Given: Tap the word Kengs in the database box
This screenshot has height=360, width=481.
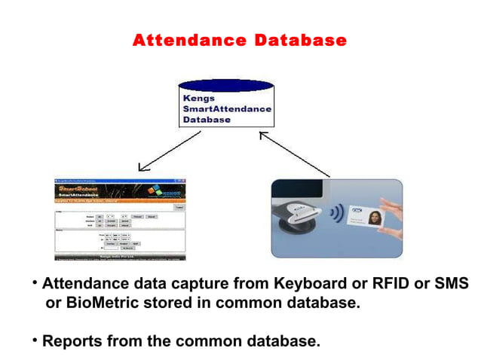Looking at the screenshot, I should tap(199, 98).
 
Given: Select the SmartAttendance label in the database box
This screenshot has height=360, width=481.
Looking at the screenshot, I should tap(227, 108).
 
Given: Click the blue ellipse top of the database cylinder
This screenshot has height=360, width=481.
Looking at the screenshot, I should tap(225, 85).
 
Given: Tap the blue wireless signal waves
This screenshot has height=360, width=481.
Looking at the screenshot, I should tap(335, 213).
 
